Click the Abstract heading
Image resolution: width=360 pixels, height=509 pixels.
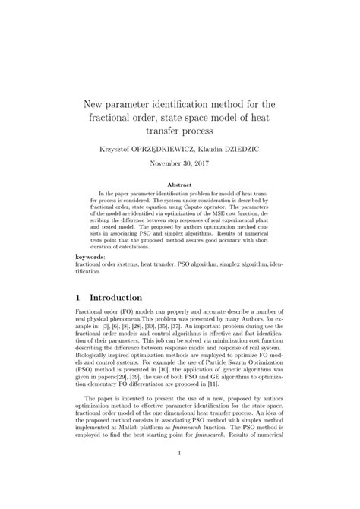tap(179, 185)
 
